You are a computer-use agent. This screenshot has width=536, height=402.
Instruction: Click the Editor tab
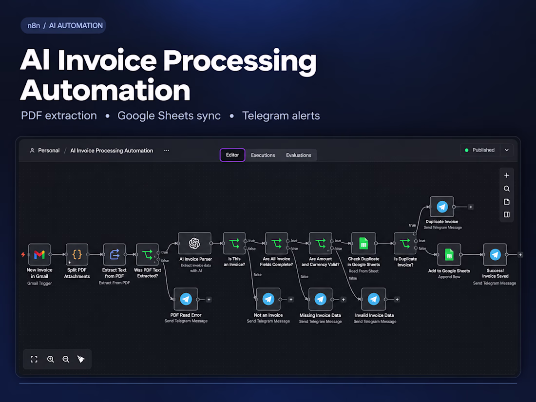(232, 155)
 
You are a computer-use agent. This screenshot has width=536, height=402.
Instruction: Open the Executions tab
(263, 155)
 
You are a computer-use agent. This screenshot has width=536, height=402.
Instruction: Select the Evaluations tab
(298, 155)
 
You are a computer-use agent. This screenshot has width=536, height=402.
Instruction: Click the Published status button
(480, 150)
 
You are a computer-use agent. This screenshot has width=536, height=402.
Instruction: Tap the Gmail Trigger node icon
(39, 254)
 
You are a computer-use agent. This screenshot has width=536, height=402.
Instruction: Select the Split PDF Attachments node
(77, 254)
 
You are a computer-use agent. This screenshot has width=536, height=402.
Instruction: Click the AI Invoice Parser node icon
(194, 243)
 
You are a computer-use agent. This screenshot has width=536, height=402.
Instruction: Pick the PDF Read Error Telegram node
(186, 299)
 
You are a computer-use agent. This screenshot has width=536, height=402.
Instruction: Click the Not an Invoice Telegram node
(268, 299)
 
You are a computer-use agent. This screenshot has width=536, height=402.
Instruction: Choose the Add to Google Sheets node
(449, 255)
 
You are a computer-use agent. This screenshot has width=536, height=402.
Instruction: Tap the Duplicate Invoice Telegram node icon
(442, 207)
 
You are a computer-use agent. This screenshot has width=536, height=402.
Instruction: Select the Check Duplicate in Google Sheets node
(364, 243)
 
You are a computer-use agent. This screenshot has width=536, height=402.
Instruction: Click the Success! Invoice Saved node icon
(495, 255)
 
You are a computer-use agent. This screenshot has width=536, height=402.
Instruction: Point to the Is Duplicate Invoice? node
(405, 243)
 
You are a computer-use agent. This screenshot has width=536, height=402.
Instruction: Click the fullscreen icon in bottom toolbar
(34, 359)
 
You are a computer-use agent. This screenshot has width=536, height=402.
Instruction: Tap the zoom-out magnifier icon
(66, 359)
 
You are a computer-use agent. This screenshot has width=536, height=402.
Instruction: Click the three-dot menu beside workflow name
(167, 151)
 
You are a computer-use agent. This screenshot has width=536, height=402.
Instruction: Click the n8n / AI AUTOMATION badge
(63, 26)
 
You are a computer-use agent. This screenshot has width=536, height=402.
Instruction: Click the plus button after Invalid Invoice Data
(397, 300)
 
